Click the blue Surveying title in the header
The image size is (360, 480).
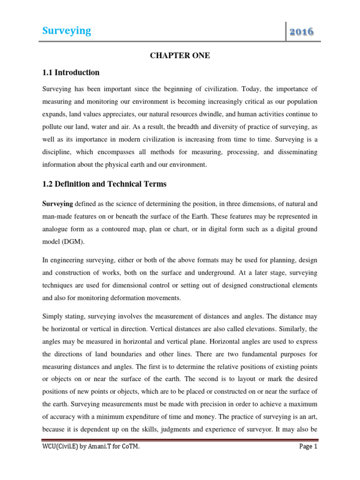(x=67, y=31)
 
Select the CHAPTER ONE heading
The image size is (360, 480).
(x=180, y=56)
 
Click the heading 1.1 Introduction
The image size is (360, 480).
(x=71, y=73)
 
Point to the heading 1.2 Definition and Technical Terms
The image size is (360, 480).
(x=104, y=184)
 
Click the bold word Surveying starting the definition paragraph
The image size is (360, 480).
(x=58, y=204)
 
